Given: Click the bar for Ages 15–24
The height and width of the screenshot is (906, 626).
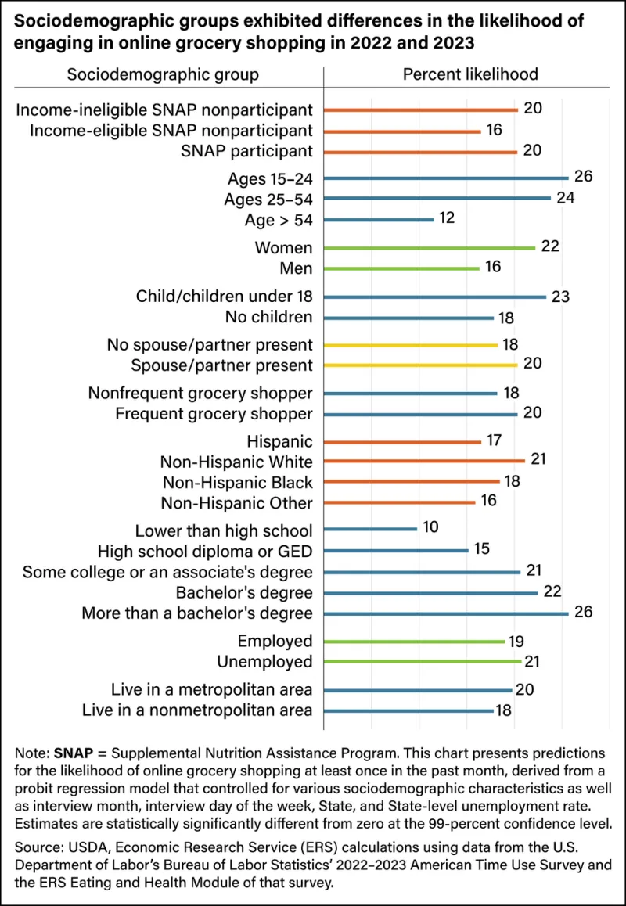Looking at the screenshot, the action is click(446, 178).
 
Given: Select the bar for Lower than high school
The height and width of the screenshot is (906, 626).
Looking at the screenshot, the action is click(370, 529).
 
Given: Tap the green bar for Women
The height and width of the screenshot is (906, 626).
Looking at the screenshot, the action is click(430, 248).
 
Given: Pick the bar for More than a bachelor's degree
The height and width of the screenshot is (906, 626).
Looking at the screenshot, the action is click(446, 613).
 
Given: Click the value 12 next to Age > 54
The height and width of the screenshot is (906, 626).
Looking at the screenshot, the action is click(448, 219).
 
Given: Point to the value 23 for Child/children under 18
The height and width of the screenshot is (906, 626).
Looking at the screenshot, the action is click(561, 297).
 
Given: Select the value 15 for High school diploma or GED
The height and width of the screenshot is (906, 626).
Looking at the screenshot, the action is click(482, 549).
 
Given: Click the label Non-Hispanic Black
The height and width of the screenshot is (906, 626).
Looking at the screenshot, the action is click(238, 482).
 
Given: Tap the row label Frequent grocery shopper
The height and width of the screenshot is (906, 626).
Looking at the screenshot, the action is click(214, 414).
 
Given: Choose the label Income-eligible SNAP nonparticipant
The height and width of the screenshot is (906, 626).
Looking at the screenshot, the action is click(171, 131).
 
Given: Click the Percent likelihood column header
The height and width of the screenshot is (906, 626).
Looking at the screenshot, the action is click(470, 74).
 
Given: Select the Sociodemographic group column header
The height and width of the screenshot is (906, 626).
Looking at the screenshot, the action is click(164, 75).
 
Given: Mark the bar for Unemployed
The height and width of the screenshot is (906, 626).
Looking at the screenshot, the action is click(423, 661).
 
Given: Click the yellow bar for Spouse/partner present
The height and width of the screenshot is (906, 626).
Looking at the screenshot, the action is click(421, 365).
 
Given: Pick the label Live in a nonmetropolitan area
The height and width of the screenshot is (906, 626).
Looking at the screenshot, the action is click(198, 710).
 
